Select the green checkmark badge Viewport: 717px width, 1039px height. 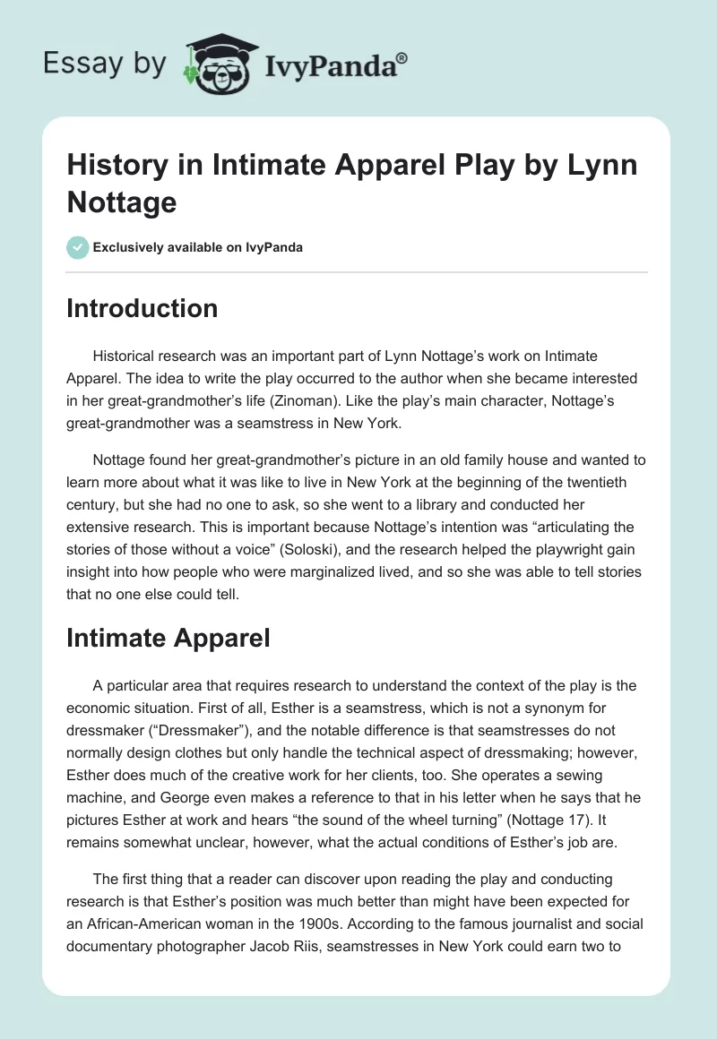point(78,247)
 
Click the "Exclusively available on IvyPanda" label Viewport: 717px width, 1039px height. point(197,247)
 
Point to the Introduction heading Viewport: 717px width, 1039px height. point(143,308)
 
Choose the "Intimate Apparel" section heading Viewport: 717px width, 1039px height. point(168,639)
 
